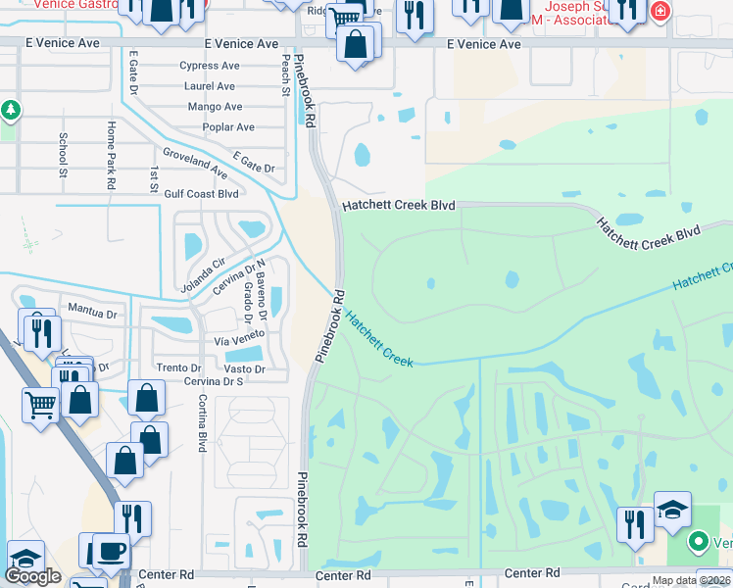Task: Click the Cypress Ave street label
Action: pos(210,67)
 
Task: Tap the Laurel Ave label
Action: pos(210,86)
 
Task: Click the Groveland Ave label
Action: pos(195,164)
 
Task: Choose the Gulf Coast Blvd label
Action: pos(202,194)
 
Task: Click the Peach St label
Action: pos(286,74)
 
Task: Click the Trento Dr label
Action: pos(178,367)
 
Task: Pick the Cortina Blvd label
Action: pos(202,422)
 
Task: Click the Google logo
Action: pos(32,576)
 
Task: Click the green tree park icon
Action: pos(11,111)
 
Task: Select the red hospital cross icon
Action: pos(660,11)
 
